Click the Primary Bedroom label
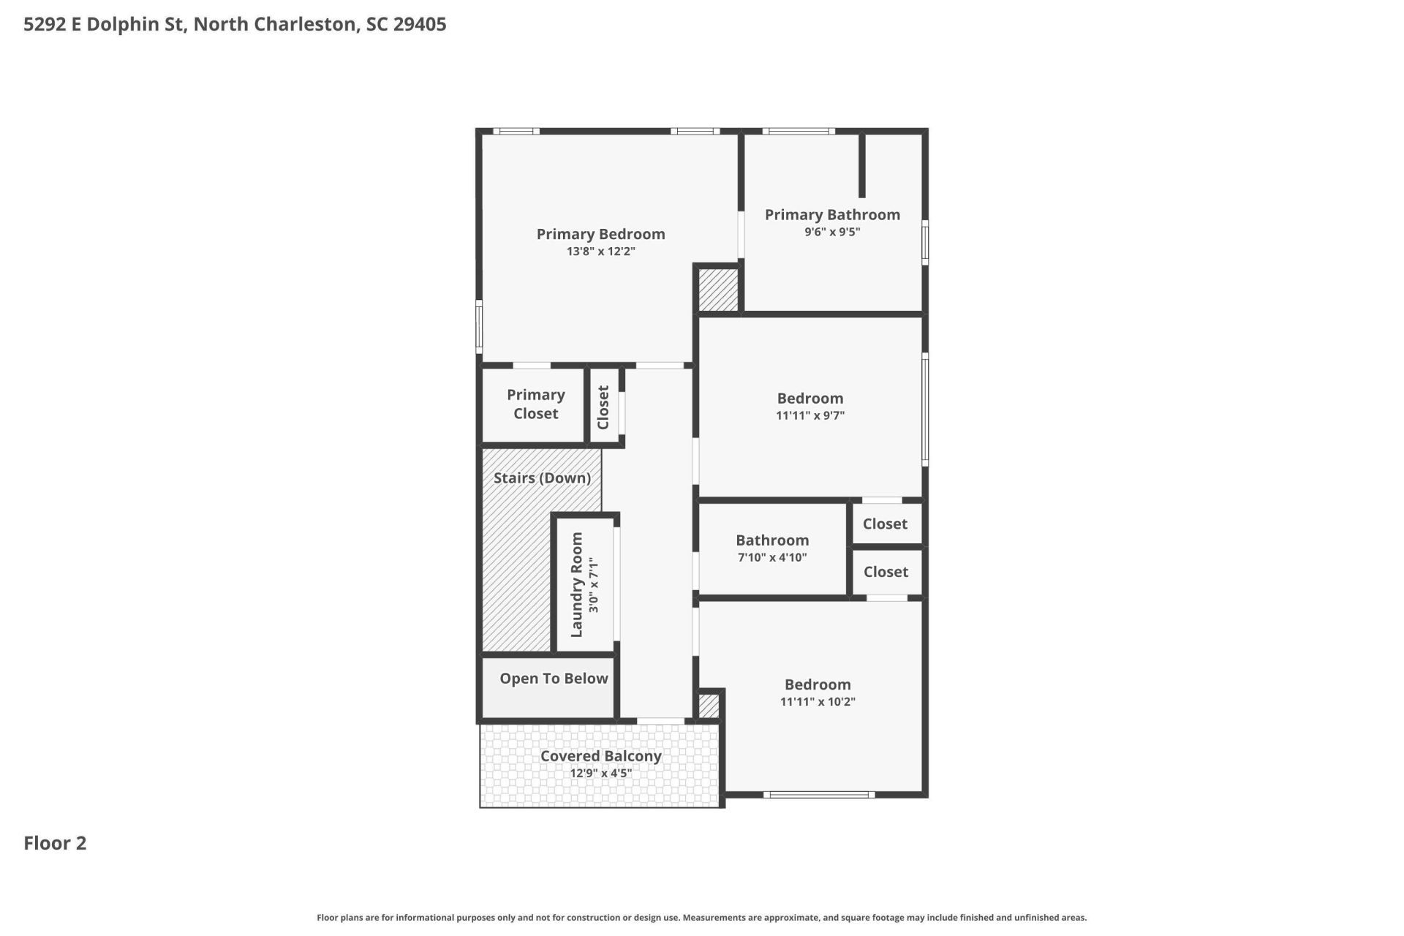pos(600,234)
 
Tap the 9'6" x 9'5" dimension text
pos(832,232)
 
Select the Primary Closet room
pos(535,404)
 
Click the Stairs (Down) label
pos(542,478)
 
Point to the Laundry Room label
pos(576,584)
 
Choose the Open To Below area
pos(554,679)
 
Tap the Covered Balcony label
pos(600,756)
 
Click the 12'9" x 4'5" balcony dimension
pos(600,774)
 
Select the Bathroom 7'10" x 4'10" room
pos(772,548)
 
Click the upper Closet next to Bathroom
pos(885,524)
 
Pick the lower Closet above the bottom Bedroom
pos(886,572)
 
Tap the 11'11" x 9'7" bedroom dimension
pos(810,415)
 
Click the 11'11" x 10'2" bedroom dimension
pos(818,702)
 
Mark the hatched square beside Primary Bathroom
pos(718,290)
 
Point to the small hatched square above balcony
pos(709,706)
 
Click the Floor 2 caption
pos(55,843)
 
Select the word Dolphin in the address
pos(122,24)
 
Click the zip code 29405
pos(420,24)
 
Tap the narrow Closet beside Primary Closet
pos(604,407)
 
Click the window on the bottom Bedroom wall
pos(818,794)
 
